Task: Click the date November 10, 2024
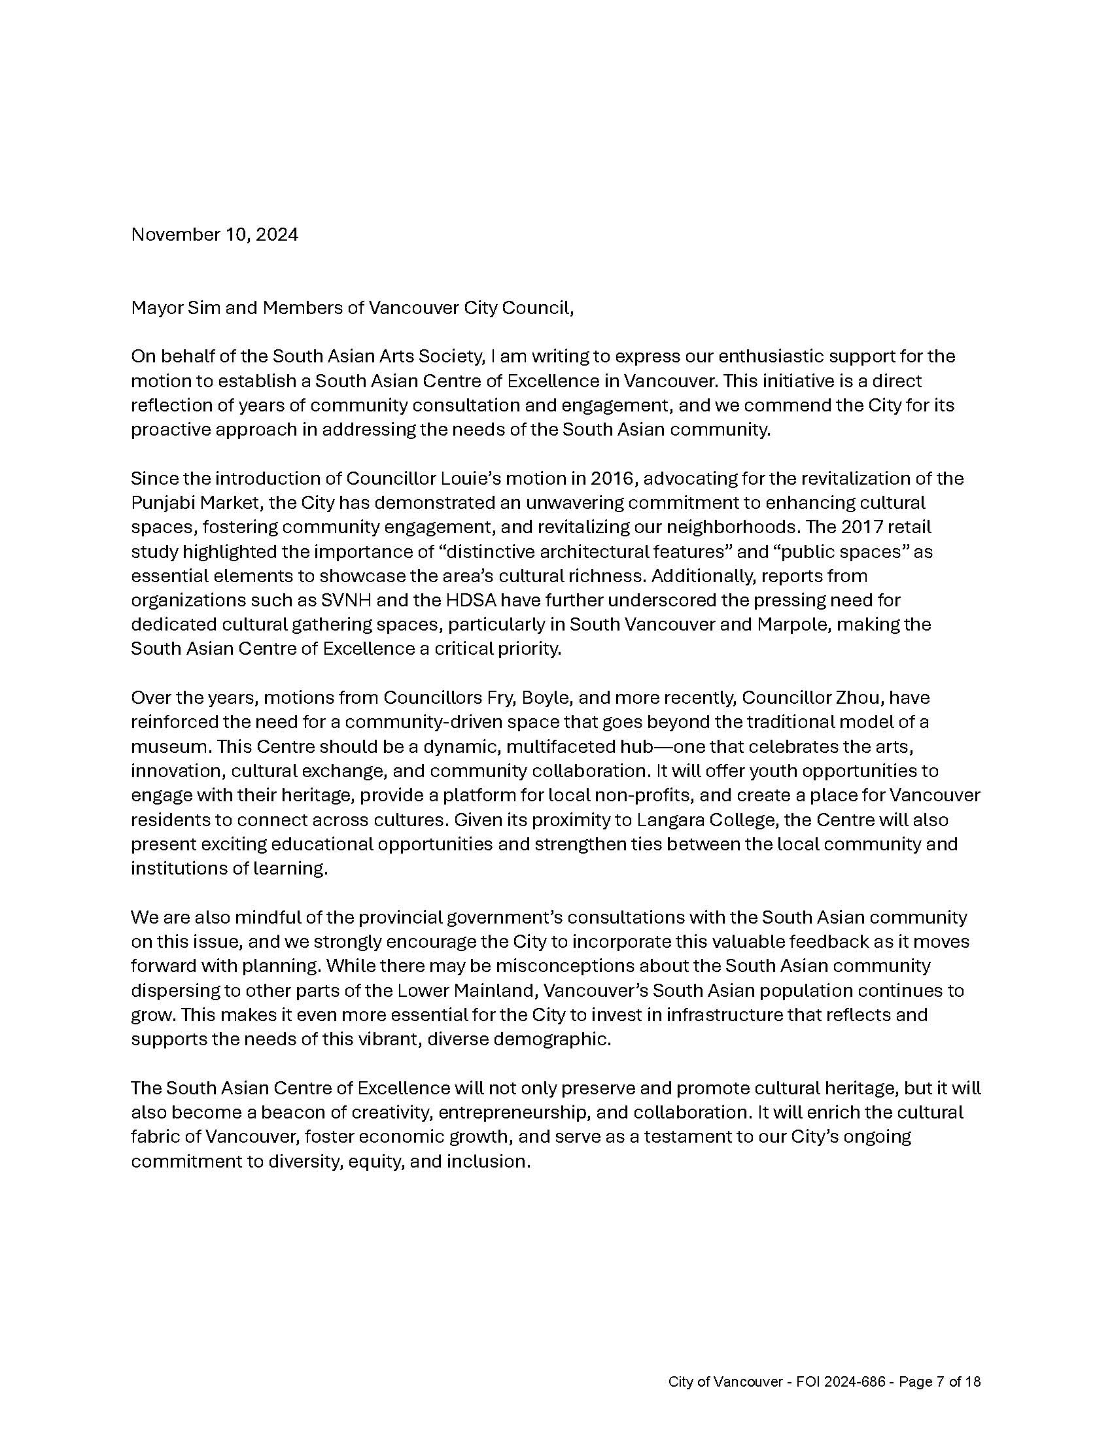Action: [x=214, y=235]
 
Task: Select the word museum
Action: [x=167, y=746]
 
